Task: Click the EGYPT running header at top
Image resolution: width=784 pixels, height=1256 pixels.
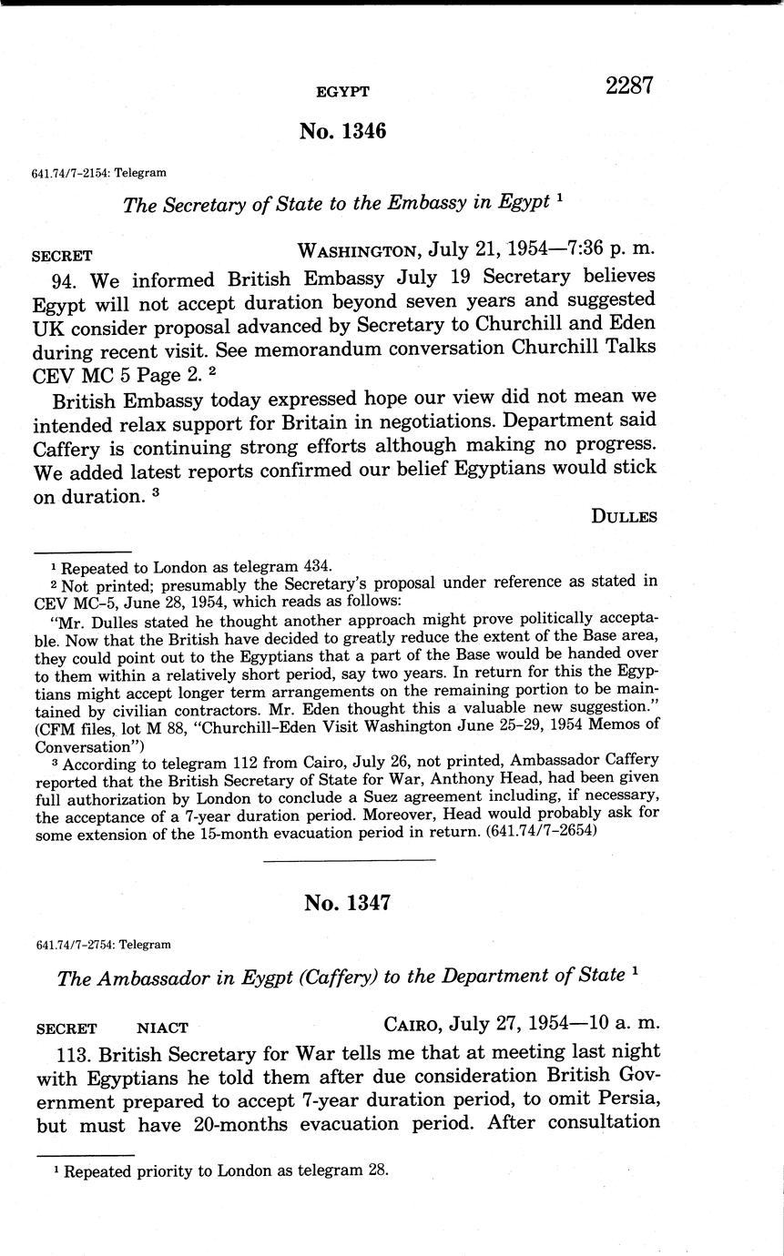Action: click(342, 92)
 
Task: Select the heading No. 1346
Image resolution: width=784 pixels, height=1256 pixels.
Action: click(342, 131)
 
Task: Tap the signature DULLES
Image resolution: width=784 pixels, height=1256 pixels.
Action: click(624, 516)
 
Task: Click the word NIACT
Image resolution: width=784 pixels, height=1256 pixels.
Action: click(162, 1028)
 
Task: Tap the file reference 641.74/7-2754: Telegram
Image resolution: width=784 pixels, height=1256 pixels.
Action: click(101, 945)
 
